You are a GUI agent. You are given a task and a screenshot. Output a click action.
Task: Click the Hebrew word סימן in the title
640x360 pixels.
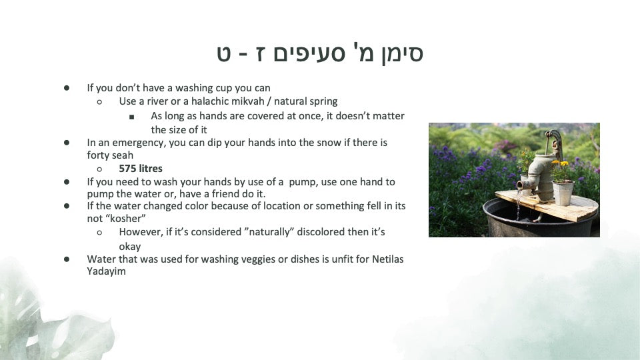(402, 53)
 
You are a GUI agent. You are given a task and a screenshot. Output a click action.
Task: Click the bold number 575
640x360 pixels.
(127, 169)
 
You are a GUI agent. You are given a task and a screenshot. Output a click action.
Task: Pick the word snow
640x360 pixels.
(329, 143)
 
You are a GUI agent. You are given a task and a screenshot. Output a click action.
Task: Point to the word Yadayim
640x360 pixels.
(106, 271)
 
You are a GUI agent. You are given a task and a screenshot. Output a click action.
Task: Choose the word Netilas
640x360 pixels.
(388, 259)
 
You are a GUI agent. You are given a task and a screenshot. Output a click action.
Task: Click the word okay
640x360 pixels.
(130, 247)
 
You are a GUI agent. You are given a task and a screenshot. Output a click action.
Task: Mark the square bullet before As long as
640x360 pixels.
(131, 117)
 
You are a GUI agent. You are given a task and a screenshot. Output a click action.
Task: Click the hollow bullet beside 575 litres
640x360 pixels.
(99, 169)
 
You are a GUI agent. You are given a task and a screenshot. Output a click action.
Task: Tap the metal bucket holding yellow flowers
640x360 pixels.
(563, 192)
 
